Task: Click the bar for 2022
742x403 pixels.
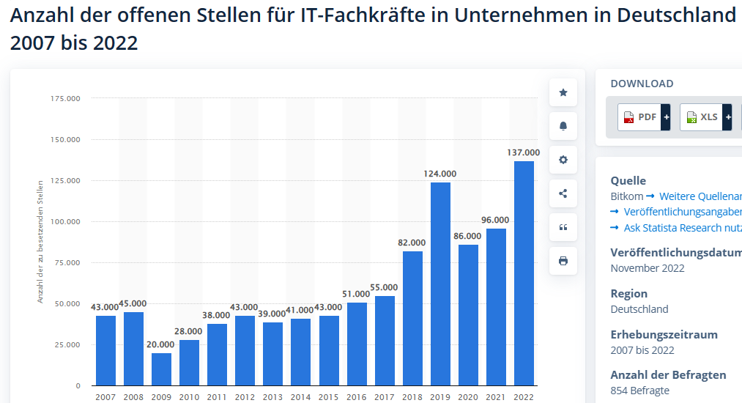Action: (524, 273)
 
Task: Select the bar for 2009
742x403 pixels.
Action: (161, 369)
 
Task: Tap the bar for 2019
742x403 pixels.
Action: (440, 284)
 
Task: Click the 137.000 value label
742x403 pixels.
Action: (524, 152)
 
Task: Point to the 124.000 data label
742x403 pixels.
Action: (440, 174)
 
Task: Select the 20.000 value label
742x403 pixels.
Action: (161, 344)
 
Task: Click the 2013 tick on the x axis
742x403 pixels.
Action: (272, 396)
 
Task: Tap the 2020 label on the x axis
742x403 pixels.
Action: (468, 396)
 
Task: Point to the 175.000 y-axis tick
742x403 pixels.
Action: (65, 98)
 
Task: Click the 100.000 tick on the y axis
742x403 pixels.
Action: (65, 221)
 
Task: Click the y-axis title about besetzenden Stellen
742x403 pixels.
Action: (40, 241)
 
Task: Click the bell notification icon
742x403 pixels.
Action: (563, 126)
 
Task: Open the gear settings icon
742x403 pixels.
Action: (563, 160)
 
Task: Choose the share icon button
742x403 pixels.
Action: (563, 193)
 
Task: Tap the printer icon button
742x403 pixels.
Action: (563, 261)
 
